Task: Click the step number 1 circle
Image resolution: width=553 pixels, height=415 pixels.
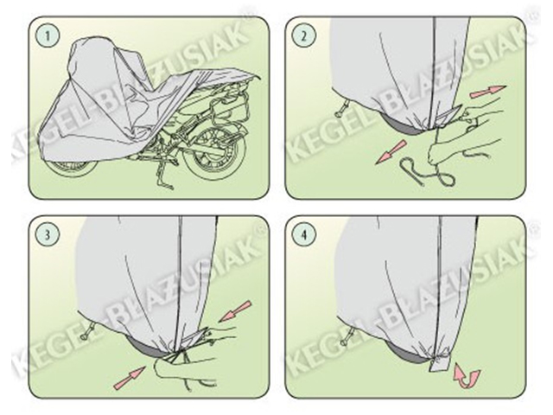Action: pyautogui.click(x=48, y=35)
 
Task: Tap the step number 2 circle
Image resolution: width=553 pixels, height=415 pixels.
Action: pyautogui.click(x=304, y=35)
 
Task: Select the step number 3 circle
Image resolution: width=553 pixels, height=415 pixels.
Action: pyautogui.click(x=48, y=235)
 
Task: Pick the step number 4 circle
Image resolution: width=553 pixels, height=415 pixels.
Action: pyautogui.click(x=304, y=235)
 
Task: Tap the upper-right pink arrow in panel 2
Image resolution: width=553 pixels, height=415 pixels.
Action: pyautogui.click(x=487, y=93)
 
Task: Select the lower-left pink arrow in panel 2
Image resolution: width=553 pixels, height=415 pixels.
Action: pyautogui.click(x=391, y=152)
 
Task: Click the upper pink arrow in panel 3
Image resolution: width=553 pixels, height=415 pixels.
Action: pyautogui.click(x=235, y=311)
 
